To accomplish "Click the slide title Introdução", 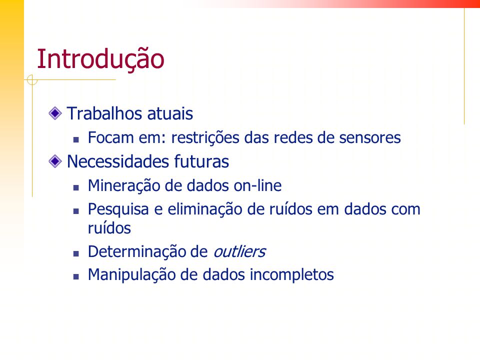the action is click(100, 59).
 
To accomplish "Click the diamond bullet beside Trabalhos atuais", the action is click(55, 113).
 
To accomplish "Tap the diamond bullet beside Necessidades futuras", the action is click(55, 161).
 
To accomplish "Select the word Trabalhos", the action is click(104, 113).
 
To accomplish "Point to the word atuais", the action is click(170, 113).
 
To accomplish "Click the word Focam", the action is click(110, 137).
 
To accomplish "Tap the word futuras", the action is click(201, 161).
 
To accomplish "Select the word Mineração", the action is click(123, 186).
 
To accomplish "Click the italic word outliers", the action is click(239, 252).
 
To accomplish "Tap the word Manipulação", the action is click(131, 275).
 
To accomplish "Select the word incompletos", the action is click(291, 275).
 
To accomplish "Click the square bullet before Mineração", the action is click(76, 187).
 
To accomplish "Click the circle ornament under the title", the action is click(32, 80).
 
